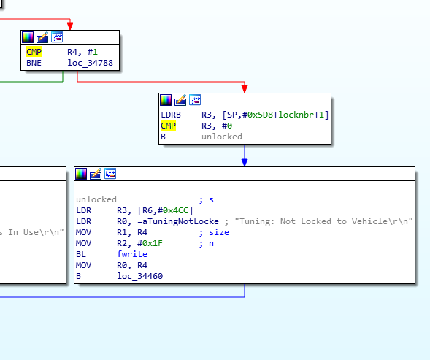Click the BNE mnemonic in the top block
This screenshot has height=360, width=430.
click(x=34, y=63)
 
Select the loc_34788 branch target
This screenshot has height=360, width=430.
click(x=91, y=63)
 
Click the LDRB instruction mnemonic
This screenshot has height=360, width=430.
click(x=171, y=115)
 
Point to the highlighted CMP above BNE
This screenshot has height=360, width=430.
click(x=34, y=52)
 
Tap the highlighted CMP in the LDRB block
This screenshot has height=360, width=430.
click(x=168, y=126)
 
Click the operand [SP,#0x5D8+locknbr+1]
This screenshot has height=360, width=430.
click(x=275, y=115)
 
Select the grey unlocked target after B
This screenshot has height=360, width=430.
click(x=222, y=137)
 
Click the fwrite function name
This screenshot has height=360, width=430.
click(x=132, y=254)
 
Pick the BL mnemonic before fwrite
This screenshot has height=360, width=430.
click(x=81, y=254)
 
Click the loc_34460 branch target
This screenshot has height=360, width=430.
click(x=140, y=276)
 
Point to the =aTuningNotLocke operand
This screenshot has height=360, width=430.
click(x=178, y=221)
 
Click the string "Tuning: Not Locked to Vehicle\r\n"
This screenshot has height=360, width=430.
click(x=323, y=221)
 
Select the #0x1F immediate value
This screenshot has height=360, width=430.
click(x=150, y=243)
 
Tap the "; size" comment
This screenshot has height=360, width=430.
click(x=214, y=232)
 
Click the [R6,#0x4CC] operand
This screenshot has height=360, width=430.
click(x=165, y=210)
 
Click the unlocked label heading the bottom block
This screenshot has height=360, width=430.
click(x=96, y=199)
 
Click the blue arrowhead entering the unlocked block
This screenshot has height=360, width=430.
click(x=245, y=162)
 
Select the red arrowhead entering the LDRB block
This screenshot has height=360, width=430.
click(x=245, y=89)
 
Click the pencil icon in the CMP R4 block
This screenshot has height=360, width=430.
click(x=42, y=37)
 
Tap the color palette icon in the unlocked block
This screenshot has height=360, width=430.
click(x=81, y=174)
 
